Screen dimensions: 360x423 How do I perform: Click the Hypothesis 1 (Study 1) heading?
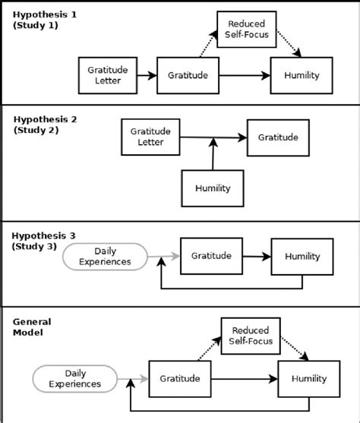pos(45,20)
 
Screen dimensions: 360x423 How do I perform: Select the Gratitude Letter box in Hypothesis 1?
pos(108,75)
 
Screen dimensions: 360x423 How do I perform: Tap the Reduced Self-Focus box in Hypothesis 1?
pos(247,30)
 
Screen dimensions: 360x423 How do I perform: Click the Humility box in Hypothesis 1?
pos(302,75)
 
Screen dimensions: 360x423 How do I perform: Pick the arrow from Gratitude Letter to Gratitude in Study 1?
pos(147,75)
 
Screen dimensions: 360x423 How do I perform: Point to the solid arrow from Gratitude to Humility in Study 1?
pos(245,75)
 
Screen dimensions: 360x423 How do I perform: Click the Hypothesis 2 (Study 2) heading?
pos(46,125)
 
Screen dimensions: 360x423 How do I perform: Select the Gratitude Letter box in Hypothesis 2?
pos(150,137)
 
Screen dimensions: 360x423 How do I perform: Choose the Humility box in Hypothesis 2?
pos(213,188)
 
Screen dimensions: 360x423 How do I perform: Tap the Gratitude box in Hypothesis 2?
pos(278,137)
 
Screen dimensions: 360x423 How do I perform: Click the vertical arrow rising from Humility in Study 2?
pos(213,154)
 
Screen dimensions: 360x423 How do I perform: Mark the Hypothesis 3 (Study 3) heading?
pos(43,241)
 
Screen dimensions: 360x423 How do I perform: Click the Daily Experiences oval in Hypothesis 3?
pos(105,257)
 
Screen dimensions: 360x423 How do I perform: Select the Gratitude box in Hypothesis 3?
pos(211,256)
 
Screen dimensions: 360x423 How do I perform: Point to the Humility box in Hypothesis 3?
pos(302,257)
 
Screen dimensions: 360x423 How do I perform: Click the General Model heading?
pos(32,327)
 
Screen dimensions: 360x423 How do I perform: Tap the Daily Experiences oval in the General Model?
pos(75,379)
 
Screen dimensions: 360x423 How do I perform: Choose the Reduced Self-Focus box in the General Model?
pos(251,336)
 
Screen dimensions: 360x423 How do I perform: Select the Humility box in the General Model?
pos(309,379)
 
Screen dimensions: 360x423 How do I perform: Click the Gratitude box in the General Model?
pos(180,379)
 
